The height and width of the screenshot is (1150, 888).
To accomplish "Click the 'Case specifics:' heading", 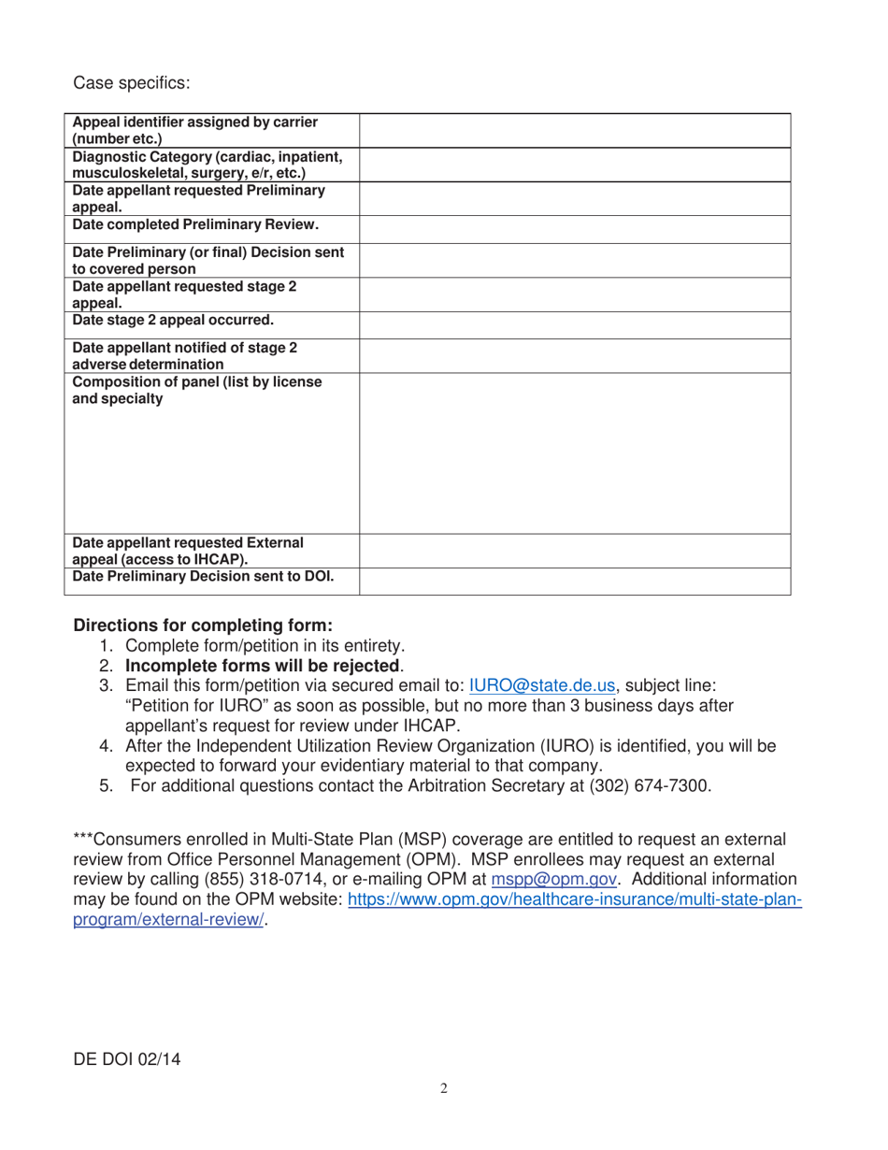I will point(132,83).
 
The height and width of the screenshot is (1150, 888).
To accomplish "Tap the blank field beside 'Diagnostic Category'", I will point(574,165).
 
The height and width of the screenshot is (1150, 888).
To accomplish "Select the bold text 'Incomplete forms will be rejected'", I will point(263,666).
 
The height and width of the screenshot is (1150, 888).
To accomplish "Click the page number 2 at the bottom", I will point(444,1088).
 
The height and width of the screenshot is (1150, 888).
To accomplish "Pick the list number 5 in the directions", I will point(107,786).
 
